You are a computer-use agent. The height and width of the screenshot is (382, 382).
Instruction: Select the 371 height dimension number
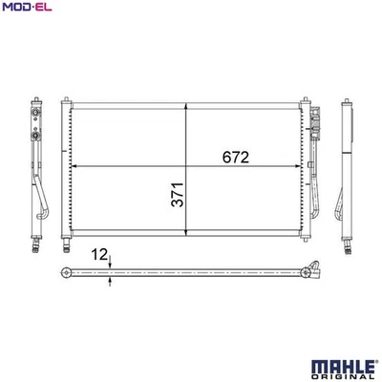point(176,196)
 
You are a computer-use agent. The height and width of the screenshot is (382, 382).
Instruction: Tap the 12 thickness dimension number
point(98,256)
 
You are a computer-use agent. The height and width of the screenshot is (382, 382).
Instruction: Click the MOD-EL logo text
point(27,8)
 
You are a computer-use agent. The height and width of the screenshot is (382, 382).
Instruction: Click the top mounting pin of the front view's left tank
point(65,97)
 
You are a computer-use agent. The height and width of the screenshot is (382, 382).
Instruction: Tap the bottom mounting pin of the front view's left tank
point(65,236)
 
